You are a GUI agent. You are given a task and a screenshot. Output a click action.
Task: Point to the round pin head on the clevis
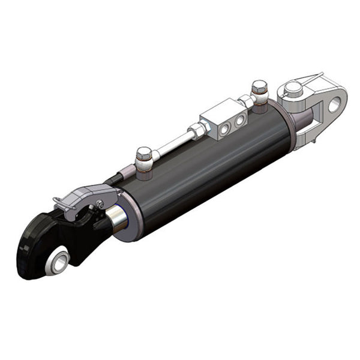point(292,88)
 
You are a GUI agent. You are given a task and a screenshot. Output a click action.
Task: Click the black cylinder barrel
point(210,174)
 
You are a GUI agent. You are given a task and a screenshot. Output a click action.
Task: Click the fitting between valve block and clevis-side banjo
point(247,102)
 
